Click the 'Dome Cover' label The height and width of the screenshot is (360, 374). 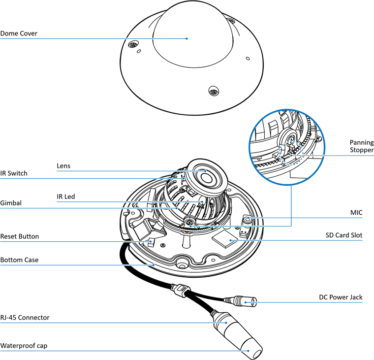19,33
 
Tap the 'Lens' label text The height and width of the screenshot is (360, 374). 63,166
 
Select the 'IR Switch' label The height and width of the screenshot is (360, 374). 14,173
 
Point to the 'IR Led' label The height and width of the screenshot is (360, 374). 65,196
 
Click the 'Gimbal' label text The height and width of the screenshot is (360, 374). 11,202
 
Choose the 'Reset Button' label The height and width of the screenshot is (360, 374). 19,236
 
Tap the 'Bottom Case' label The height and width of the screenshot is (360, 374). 19,260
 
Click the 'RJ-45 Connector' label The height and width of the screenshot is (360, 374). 25,318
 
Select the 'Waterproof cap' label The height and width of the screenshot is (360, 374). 24,345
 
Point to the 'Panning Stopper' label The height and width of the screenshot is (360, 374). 362,146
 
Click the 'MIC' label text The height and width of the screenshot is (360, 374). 356,212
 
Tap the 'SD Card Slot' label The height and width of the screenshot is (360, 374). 344,235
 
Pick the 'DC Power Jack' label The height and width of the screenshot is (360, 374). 341,297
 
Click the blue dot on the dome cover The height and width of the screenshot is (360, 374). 187,38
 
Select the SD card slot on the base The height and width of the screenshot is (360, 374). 229,240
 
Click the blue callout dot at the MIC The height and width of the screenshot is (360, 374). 248,218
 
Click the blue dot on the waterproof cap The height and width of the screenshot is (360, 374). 248,351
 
